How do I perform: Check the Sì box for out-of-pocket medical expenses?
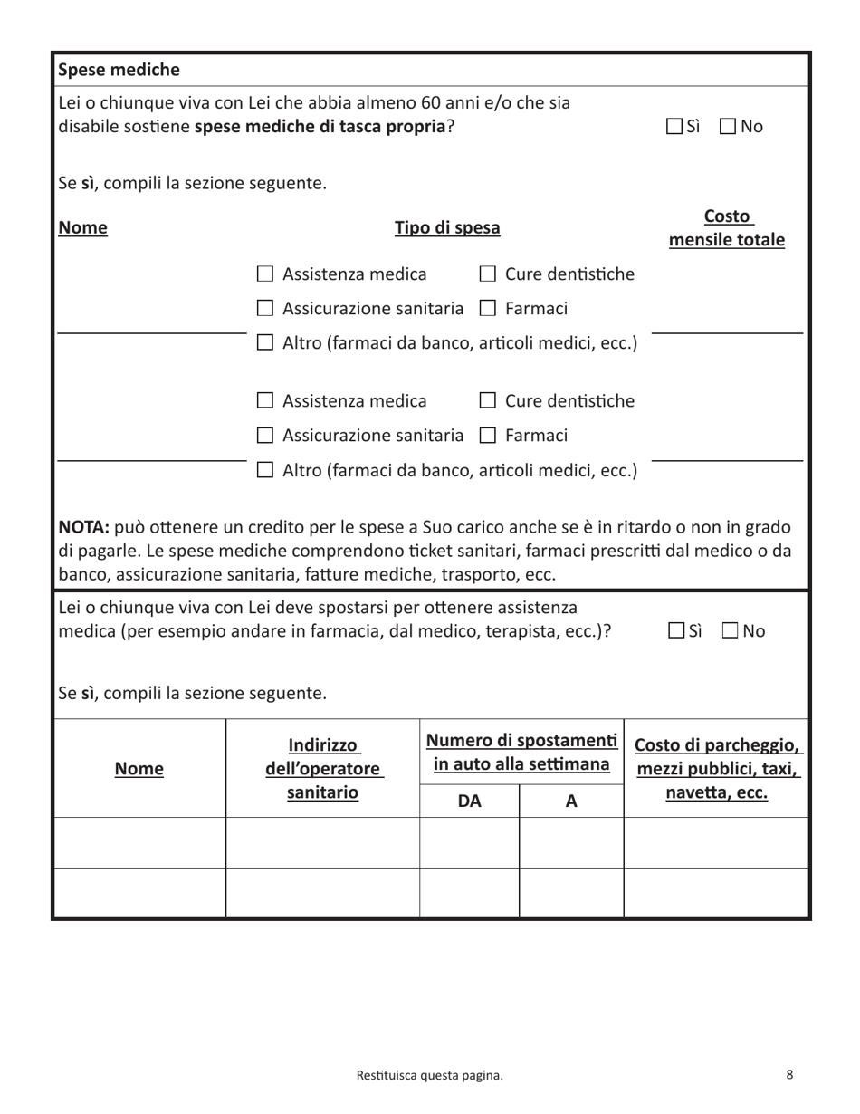[674, 127]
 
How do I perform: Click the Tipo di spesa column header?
[447, 228]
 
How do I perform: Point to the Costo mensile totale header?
[727, 228]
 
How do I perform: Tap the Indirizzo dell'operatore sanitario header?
[323, 769]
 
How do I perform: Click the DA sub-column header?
[469, 801]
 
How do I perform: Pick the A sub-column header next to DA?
[571, 801]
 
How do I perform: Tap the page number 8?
[789, 1075]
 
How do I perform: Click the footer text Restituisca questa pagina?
[429, 1076]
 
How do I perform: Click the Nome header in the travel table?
[139, 770]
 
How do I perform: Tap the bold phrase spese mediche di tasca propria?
[320, 127]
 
